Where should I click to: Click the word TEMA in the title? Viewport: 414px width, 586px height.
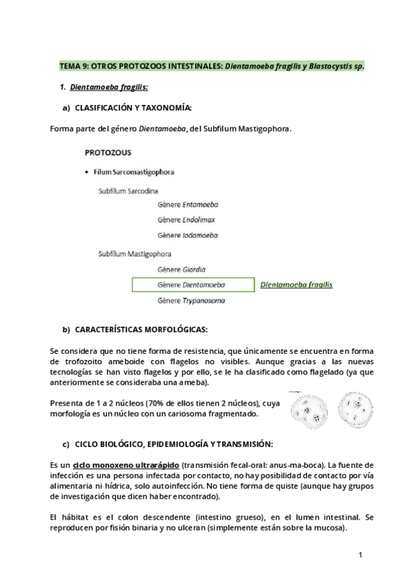[x=70, y=66]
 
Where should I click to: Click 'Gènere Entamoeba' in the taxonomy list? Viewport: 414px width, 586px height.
[x=188, y=204]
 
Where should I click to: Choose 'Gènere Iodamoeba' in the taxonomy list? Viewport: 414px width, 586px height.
[x=188, y=236]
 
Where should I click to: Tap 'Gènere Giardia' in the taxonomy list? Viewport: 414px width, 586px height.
[x=181, y=269]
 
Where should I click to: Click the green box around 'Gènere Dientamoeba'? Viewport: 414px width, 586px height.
[x=191, y=285]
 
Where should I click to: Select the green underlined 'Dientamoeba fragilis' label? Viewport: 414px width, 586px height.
[x=296, y=284]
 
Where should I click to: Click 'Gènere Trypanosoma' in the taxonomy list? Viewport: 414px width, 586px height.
[x=191, y=301]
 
